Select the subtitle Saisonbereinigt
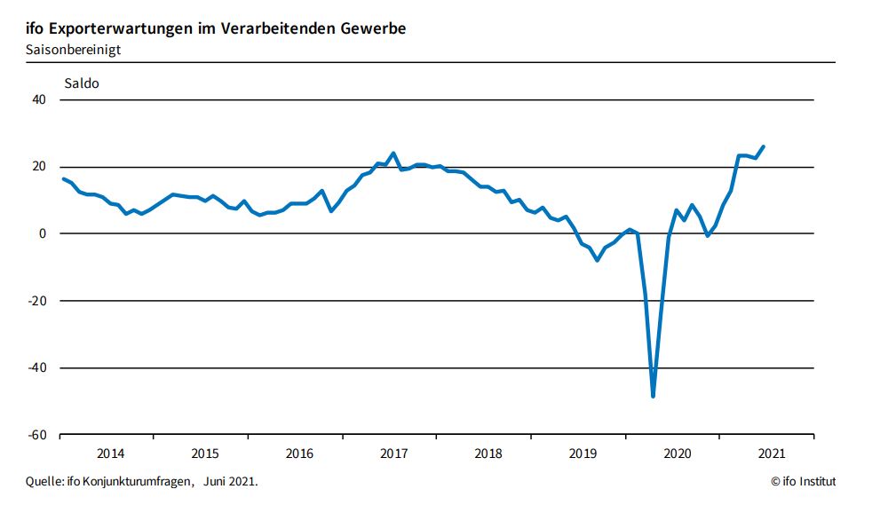click(74, 50)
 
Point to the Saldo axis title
click(81, 84)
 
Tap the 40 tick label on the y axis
click(39, 100)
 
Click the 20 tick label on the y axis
click(39, 167)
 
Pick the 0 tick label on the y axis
click(43, 234)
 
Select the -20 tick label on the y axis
click(37, 301)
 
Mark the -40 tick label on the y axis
click(37, 368)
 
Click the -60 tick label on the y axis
click(37, 435)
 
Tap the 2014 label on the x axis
click(110, 454)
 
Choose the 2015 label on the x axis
click(205, 454)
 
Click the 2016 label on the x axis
click(299, 454)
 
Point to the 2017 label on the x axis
click(393, 454)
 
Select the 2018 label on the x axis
click(488, 454)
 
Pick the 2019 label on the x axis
click(583, 454)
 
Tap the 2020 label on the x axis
click(678, 454)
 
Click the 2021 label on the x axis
click(772, 454)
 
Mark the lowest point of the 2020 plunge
click(653, 396)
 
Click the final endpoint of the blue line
click(764, 146)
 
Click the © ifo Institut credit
click(803, 482)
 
